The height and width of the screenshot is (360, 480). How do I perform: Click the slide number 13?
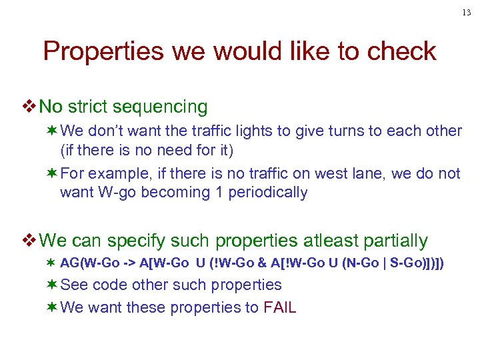[x=466, y=11]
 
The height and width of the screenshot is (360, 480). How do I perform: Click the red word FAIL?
[x=280, y=307]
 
